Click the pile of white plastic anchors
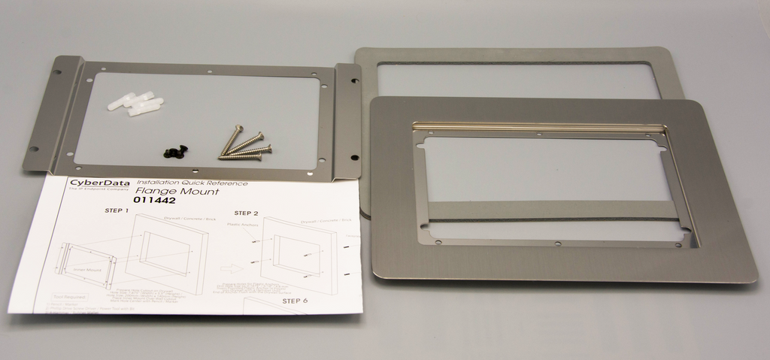(136, 104)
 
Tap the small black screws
(176, 152)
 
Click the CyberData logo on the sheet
(99, 183)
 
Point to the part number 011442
(154, 201)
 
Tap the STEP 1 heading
(117, 211)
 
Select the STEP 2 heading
(246, 213)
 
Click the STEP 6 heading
(295, 301)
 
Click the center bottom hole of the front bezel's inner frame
(557, 244)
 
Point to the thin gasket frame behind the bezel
(519, 56)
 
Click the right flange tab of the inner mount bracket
(348, 120)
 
